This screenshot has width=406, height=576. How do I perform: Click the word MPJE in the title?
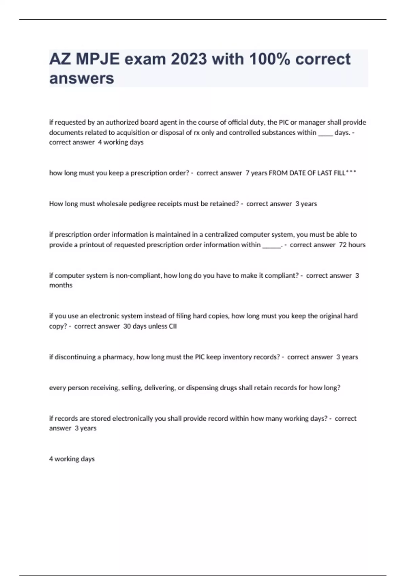(97, 59)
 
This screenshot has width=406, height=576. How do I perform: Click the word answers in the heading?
(82, 78)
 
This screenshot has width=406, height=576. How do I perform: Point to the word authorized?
(122, 122)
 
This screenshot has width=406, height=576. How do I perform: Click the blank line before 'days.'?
(325, 133)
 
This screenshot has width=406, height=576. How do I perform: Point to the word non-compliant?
(139, 275)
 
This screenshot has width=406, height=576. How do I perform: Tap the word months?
(61, 285)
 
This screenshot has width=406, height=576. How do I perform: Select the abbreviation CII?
(173, 326)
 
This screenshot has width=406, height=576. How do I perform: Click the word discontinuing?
(75, 357)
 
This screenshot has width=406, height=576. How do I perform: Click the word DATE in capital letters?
(297, 173)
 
